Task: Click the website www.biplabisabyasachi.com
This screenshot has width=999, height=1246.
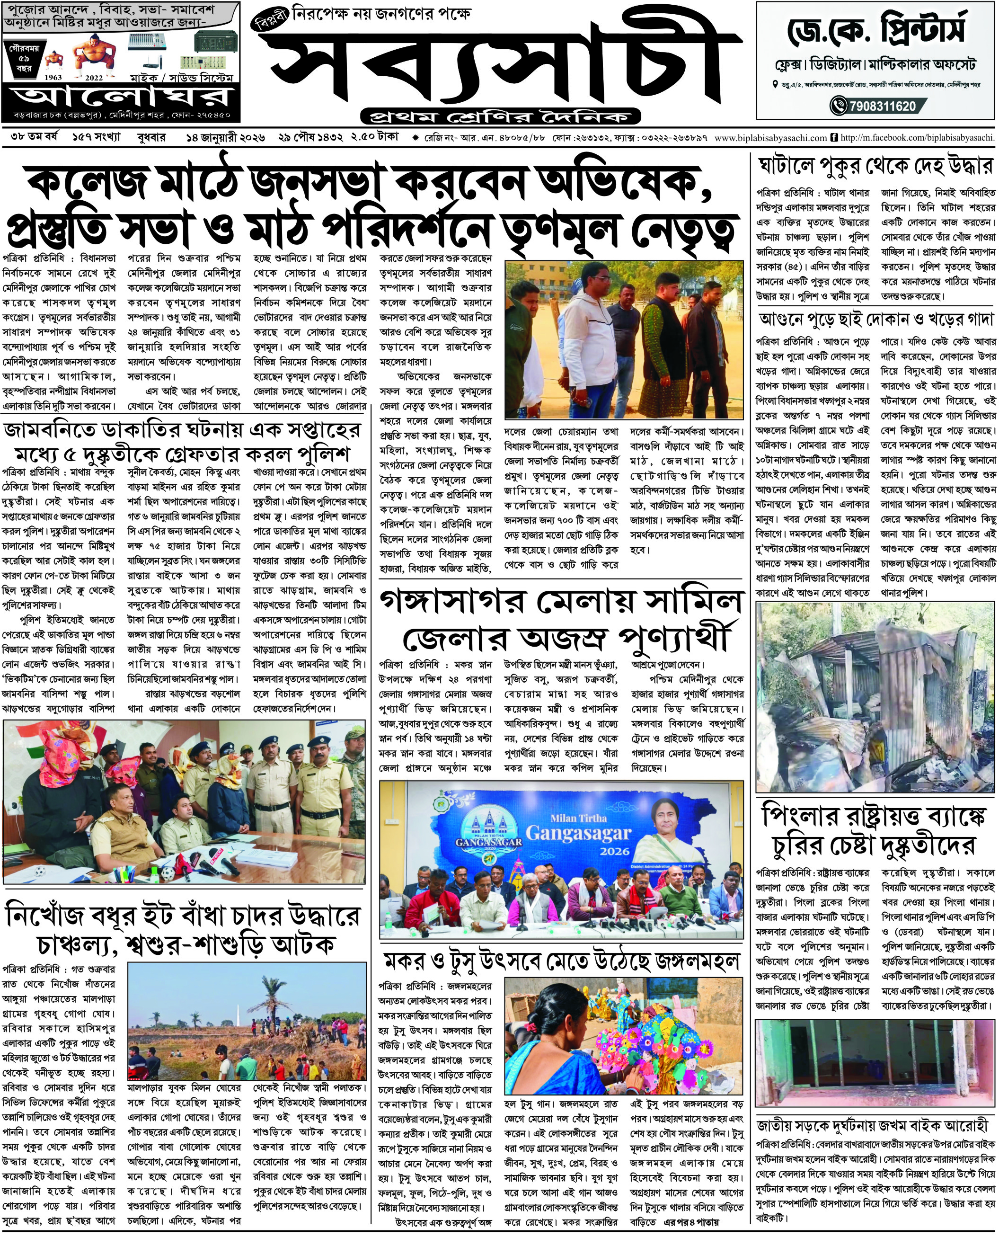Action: (x=770, y=138)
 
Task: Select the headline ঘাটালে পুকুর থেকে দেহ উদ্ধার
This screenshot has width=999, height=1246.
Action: (x=876, y=167)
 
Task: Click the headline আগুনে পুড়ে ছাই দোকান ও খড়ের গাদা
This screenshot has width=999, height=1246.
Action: (x=876, y=319)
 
